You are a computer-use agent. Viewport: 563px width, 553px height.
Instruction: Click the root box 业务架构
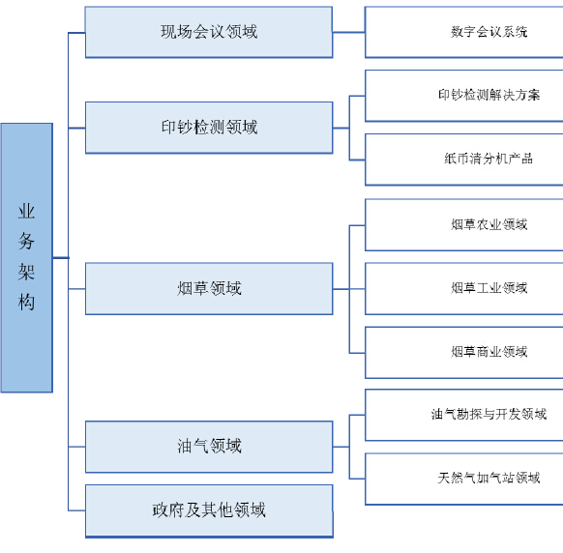[x=27, y=258]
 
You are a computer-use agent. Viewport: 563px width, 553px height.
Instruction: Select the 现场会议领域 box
[x=209, y=32]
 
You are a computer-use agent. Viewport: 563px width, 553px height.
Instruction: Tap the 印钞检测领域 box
[x=209, y=128]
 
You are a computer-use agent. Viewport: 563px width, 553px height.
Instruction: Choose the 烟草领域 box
[x=209, y=289]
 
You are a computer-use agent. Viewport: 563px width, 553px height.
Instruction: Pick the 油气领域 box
[x=209, y=447]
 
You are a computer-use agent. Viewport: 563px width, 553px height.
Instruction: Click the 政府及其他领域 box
[x=209, y=511]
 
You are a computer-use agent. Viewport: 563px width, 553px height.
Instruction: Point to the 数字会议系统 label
[x=489, y=32]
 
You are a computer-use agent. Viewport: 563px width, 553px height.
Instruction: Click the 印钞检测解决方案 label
[x=489, y=95]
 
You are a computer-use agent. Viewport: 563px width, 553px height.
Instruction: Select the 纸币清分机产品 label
[x=489, y=159]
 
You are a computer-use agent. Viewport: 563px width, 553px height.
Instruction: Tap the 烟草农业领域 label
[x=489, y=224]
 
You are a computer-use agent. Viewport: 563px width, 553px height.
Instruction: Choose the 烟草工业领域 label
[x=489, y=288]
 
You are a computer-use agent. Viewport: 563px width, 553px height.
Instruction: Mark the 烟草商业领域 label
[x=489, y=352]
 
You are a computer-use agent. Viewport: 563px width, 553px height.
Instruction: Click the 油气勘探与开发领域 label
[x=489, y=414]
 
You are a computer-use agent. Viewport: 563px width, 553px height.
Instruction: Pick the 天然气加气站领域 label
[x=489, y=478]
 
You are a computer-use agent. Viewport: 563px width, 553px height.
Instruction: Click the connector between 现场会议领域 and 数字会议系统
[x=348, y=32]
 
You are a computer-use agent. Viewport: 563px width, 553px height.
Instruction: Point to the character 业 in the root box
[x=26, y=212]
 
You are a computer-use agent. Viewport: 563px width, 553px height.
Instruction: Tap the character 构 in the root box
[x=26, y=302]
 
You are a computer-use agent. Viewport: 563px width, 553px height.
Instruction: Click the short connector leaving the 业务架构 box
[x=61, y=258]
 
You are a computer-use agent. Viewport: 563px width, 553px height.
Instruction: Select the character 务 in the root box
[x=26, y=241]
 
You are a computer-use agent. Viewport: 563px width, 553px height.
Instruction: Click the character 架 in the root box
[x=26, y=272]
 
